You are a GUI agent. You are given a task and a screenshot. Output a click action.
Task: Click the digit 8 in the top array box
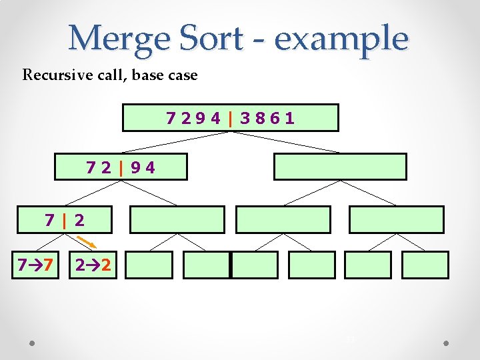(x=263, y=119)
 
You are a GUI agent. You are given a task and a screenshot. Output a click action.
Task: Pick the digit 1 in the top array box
(x=289, y=119)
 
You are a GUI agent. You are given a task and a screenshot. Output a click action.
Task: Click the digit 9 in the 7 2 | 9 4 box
(x=135, y=167)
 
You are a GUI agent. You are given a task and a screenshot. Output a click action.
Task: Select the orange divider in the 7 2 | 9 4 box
(x=121, y=167)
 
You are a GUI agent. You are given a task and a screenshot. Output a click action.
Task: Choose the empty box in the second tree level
(x=340, y=167)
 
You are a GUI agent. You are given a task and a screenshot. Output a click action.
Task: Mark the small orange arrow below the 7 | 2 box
(x=84, y=240)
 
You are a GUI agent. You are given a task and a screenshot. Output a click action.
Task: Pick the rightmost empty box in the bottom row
(x=425, y=265)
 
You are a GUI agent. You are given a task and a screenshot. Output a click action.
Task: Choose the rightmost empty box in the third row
(x=396, y=219)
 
